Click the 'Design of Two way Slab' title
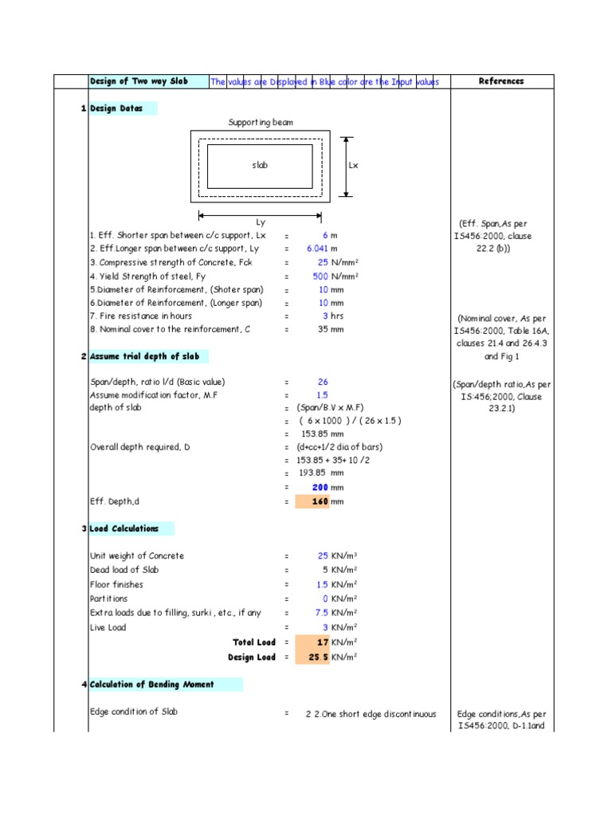pyautogui.click(x=139, y=81)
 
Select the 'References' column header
pyautogui.click(x=501, y=81)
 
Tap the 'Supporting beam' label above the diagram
pyautogui.click(x=261, y=122)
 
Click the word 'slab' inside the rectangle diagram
pyautogui.click(x=260, y=165)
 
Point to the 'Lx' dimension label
pyautogui.click(x=354, y=165)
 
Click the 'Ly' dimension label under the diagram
pyautogui.click(x=260, y=222)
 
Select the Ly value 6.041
pyautogui.click(x=317, y=249)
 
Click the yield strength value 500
pyautogui.click(x=320, y=277)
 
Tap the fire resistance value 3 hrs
pyautogui.click(x=325, y=316)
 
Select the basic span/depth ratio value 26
pyautogui.click(x=323, y=382)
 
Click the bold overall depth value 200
pyautogui.click(x=320, y=487)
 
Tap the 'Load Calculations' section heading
pyautogui.click(x=124, y=528)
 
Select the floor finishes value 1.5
pyautogui.click(x=321, y=585)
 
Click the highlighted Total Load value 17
pyautogui.click(x=322, y=642)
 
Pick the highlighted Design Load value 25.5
pyautogui.click(x=318, y=657)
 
